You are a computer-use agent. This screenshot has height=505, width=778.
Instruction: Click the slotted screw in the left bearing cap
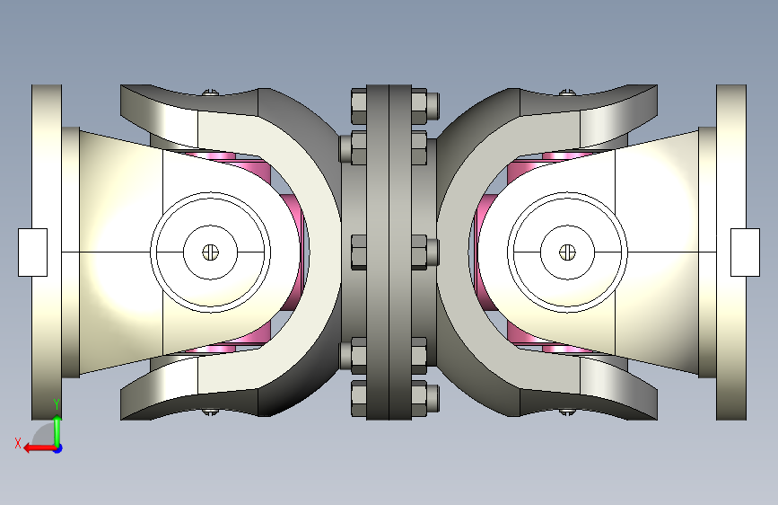[x=210, y=252]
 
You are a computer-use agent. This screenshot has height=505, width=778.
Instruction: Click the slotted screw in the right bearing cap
[x=567, y=252]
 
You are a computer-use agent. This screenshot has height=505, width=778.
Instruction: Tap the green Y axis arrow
[x=57, y=431]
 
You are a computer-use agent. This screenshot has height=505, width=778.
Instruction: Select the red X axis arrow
[x=39, y=448]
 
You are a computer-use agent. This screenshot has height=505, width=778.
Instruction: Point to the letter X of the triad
[x=18, y=443]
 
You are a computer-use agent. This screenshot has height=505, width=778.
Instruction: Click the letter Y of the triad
[x=57, y=404]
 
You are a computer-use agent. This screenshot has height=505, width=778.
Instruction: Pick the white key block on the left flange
[x=32, y=252]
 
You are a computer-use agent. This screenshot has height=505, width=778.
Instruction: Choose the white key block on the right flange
[x=745, y=252]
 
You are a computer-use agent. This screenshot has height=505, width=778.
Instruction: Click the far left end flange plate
[x=47, y=252]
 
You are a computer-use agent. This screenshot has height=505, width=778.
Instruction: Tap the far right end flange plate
[x=730, y=252]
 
